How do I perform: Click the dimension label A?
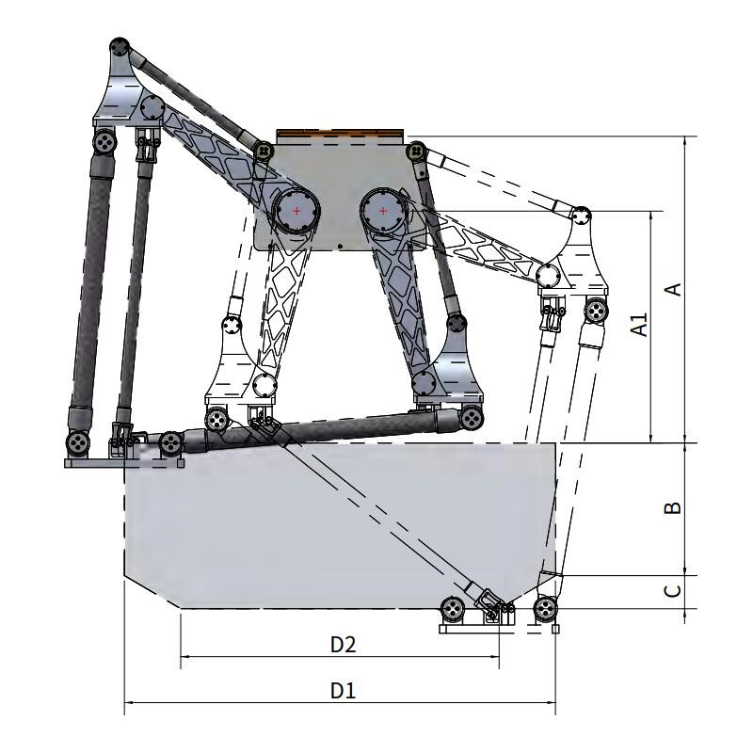pos(675,289)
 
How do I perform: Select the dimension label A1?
pos(639,325)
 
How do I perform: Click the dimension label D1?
pos(343,691)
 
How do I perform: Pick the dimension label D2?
pos(344,645)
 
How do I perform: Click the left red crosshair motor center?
pos(296,211)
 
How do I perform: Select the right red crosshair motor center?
pos(383,211)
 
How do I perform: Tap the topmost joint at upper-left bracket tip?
pos(120,48)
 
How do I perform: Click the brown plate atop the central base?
pos(340,133)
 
